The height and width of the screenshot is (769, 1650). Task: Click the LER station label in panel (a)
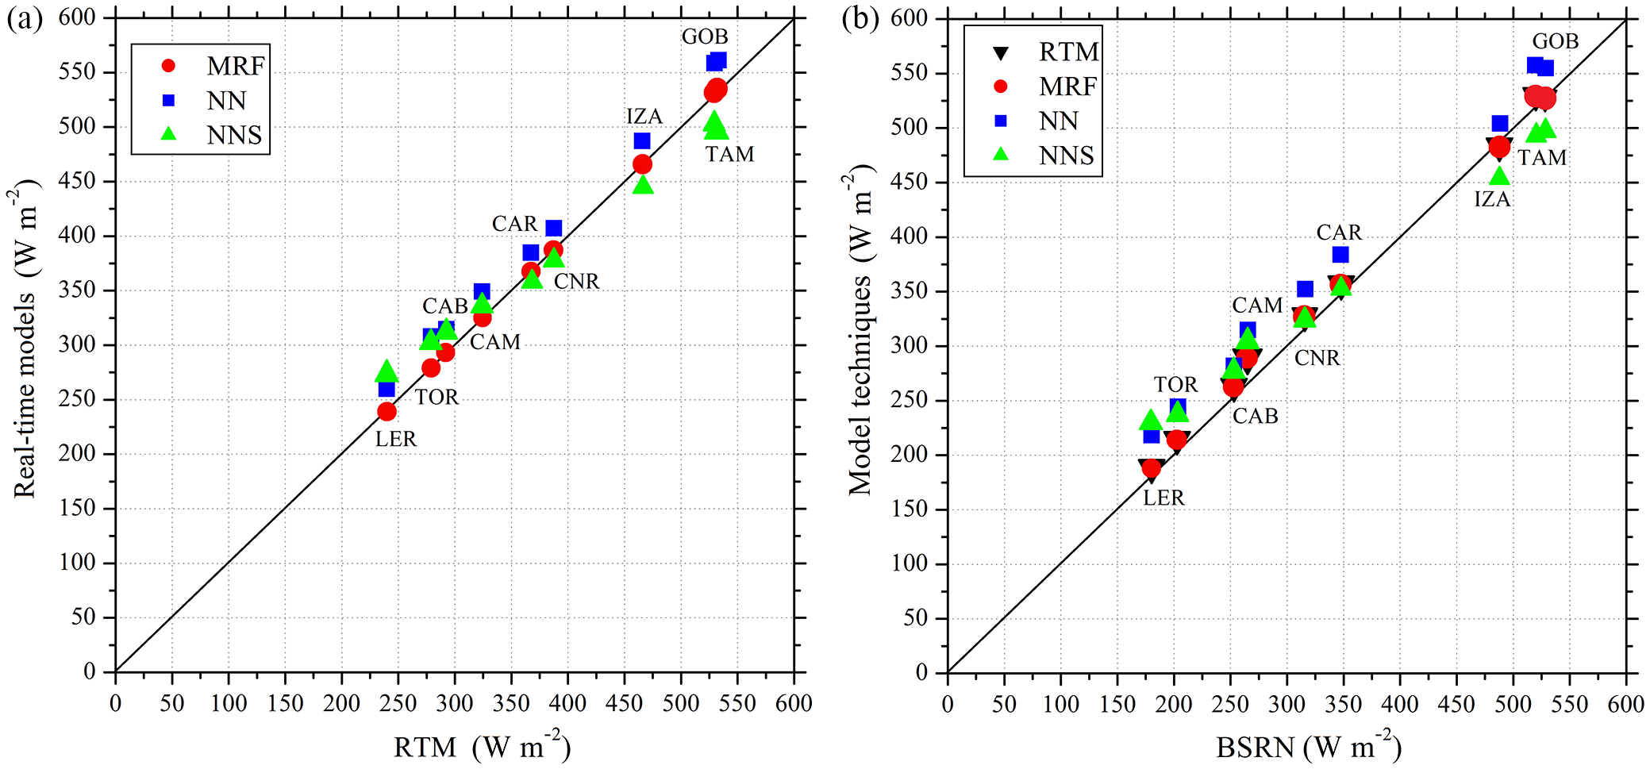pos(395,439)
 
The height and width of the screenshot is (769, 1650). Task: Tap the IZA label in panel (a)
pos(644,117)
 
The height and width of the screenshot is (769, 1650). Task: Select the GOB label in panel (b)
pos(1555,41)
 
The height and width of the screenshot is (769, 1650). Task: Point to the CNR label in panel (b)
pos(1317,358)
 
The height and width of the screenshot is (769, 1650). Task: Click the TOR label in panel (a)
pos(437,397)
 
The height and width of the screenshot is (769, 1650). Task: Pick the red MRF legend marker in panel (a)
pos(168,66)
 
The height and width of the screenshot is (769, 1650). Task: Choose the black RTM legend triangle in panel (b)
pos(1001,52)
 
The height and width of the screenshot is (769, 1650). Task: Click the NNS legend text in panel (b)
pos(1066,156)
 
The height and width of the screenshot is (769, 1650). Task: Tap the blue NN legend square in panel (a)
pos(168,101)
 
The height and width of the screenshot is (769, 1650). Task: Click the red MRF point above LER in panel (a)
pos(387,411)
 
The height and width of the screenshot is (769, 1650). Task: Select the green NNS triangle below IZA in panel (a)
pos(643,185)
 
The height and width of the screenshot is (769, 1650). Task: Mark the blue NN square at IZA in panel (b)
pos(1499,124)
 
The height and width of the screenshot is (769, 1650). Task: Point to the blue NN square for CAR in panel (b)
pos(1340,255)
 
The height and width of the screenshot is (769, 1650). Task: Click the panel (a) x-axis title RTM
pos(425,748)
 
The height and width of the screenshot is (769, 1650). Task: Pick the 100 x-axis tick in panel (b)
pos(1060,704)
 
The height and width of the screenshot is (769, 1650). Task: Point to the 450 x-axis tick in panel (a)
pos(625,704)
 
